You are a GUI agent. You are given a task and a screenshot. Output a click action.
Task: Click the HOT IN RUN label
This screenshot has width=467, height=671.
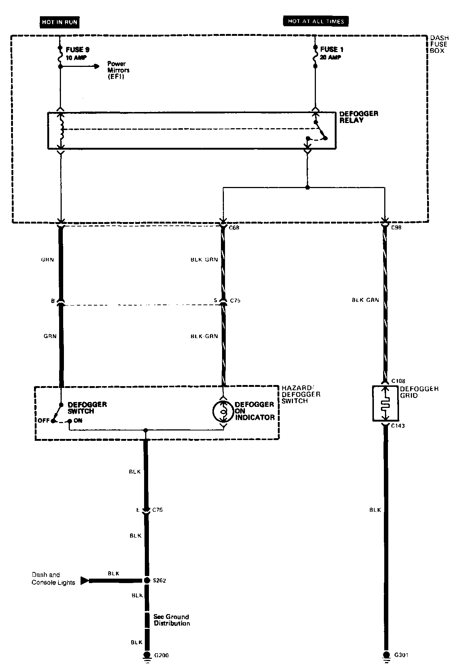(59, 22)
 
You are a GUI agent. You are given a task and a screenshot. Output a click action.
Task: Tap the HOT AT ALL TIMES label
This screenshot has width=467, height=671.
(316, 21)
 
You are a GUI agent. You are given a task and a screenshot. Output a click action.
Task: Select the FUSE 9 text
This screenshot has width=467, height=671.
(78, 50)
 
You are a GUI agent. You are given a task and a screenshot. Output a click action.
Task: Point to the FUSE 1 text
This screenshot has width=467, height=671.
(329, 50)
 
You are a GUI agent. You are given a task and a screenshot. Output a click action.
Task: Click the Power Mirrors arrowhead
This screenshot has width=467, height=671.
(97, 66)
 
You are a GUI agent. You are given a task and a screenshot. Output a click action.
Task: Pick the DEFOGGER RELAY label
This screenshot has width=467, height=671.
(358, 117)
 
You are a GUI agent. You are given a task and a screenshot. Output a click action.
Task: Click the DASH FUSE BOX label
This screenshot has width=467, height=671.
(439, 44)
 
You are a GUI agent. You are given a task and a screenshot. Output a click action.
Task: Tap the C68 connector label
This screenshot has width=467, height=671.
(234, 228)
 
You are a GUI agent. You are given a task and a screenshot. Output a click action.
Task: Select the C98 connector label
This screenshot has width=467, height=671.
(396, 228)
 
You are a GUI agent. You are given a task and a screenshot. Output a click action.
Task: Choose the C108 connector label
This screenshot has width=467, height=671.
(398, 381)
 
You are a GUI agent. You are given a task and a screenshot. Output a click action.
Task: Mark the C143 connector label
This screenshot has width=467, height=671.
(398, 426)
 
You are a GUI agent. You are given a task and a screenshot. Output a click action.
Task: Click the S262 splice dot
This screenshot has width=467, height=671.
(147, 580)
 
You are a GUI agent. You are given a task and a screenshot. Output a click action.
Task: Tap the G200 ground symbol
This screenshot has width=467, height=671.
(147, 655)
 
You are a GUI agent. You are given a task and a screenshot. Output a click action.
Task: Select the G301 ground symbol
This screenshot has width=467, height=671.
(386, 655)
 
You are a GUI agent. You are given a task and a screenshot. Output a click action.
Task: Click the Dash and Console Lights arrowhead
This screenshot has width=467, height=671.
(85, 580)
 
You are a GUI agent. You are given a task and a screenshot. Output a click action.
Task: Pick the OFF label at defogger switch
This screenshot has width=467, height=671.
(43, 420)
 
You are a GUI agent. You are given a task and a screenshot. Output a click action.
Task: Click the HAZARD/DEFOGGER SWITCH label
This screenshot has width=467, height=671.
(301, 394)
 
